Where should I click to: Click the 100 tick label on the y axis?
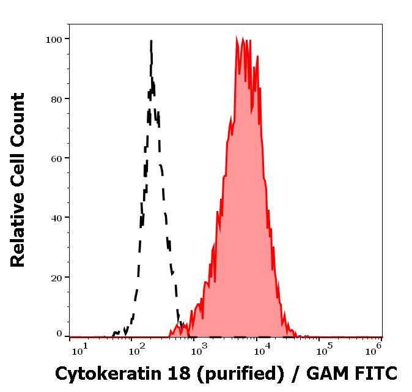(x=54, y=39)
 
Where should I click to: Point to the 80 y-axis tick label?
(x=56, y=98)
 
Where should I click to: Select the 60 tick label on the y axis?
(x=56, y=158)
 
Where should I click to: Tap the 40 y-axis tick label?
(x=56, y=217)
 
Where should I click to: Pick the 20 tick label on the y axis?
(x=56, y=277)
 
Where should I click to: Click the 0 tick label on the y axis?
(x=59, y=334)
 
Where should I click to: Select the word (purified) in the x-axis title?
(x=238, y=372)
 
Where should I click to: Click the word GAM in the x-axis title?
(x=327, y=372)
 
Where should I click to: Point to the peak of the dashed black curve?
(x=150, y=41)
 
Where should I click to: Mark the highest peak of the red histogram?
(x=237, y=39)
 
